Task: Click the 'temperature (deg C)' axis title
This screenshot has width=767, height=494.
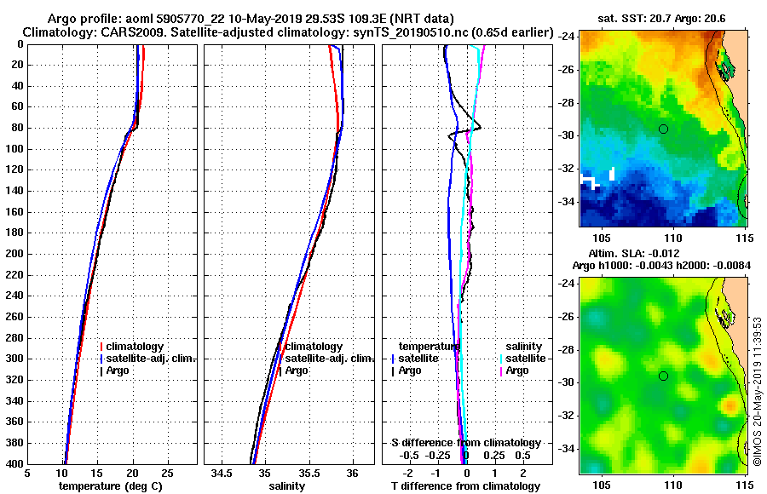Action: (110, 486)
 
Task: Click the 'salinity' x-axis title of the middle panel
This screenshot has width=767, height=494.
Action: (287, 486)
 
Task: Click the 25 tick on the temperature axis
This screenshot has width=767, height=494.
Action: (167, 474)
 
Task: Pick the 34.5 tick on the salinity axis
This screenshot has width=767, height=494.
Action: (222, 474)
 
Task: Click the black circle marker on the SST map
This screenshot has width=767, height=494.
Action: (663, 129)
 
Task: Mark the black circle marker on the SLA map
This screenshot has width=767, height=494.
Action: (663, 376)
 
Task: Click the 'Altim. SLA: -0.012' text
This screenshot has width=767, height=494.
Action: (638, 254)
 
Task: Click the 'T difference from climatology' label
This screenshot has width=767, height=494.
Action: (464, 486)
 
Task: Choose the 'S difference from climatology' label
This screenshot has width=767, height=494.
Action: (465, 443)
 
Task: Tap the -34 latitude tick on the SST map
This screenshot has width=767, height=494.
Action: (566, 202)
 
